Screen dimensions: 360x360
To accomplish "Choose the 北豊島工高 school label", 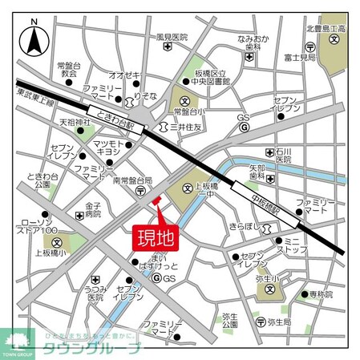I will [325, 30].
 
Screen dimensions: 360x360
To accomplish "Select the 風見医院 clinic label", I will [172, 37].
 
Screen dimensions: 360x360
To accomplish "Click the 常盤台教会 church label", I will [68, 68].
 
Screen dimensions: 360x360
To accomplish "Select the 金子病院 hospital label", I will [94, 209].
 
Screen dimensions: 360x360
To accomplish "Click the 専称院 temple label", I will [320, 294].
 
